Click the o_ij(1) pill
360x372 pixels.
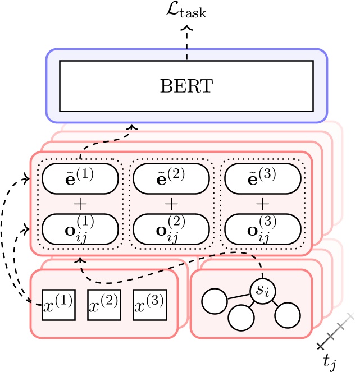point(80,228)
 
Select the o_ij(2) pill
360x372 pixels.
point(171,228)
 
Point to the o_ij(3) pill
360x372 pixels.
point(263,228)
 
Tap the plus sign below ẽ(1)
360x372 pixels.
point(80,203)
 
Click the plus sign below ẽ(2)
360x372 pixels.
point(171,203)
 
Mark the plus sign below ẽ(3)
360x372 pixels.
point(263,203)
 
